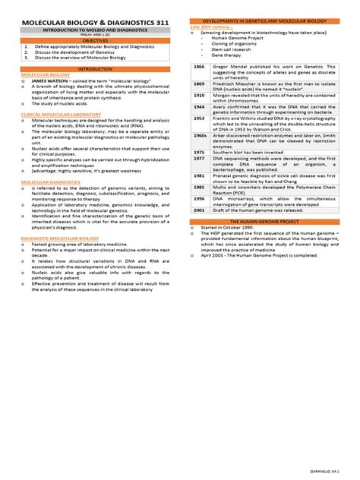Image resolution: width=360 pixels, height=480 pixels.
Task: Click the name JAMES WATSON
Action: point(49,82)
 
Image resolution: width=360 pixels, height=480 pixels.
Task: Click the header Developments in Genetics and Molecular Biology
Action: point(265,21)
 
